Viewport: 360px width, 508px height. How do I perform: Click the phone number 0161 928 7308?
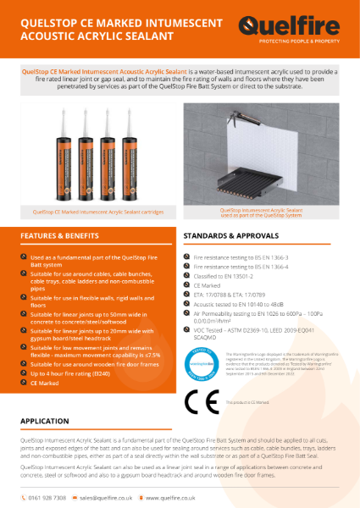(x=49, y=498)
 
